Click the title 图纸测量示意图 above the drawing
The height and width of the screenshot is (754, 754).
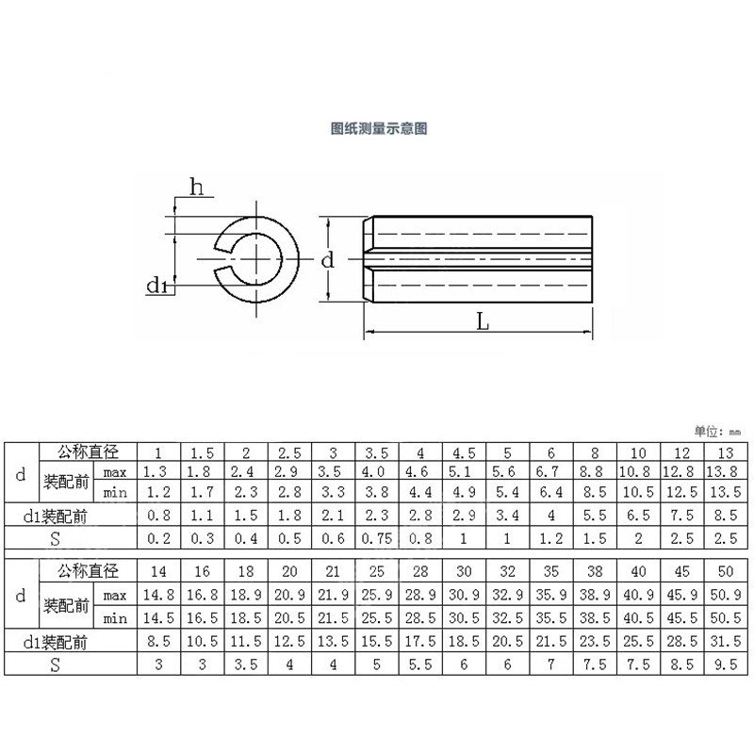point(378,128)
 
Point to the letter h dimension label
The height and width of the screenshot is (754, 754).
point(196,188)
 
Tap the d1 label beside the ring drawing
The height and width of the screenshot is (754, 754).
point(157,286)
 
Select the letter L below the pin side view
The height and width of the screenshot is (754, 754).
point(482,321)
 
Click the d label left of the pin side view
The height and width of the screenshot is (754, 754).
point(327,260)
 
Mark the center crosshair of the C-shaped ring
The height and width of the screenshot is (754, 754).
point(254,254)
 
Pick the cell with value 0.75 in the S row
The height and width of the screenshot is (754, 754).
point(377,538)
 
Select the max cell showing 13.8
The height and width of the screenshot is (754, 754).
point(723,470)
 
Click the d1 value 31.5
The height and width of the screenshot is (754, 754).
point(723,642)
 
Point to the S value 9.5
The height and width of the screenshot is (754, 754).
point(723,665)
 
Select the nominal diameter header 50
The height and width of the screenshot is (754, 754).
point(723,572)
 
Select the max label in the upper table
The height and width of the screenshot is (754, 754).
point(115,470)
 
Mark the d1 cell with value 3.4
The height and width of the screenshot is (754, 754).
point(506,515)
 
